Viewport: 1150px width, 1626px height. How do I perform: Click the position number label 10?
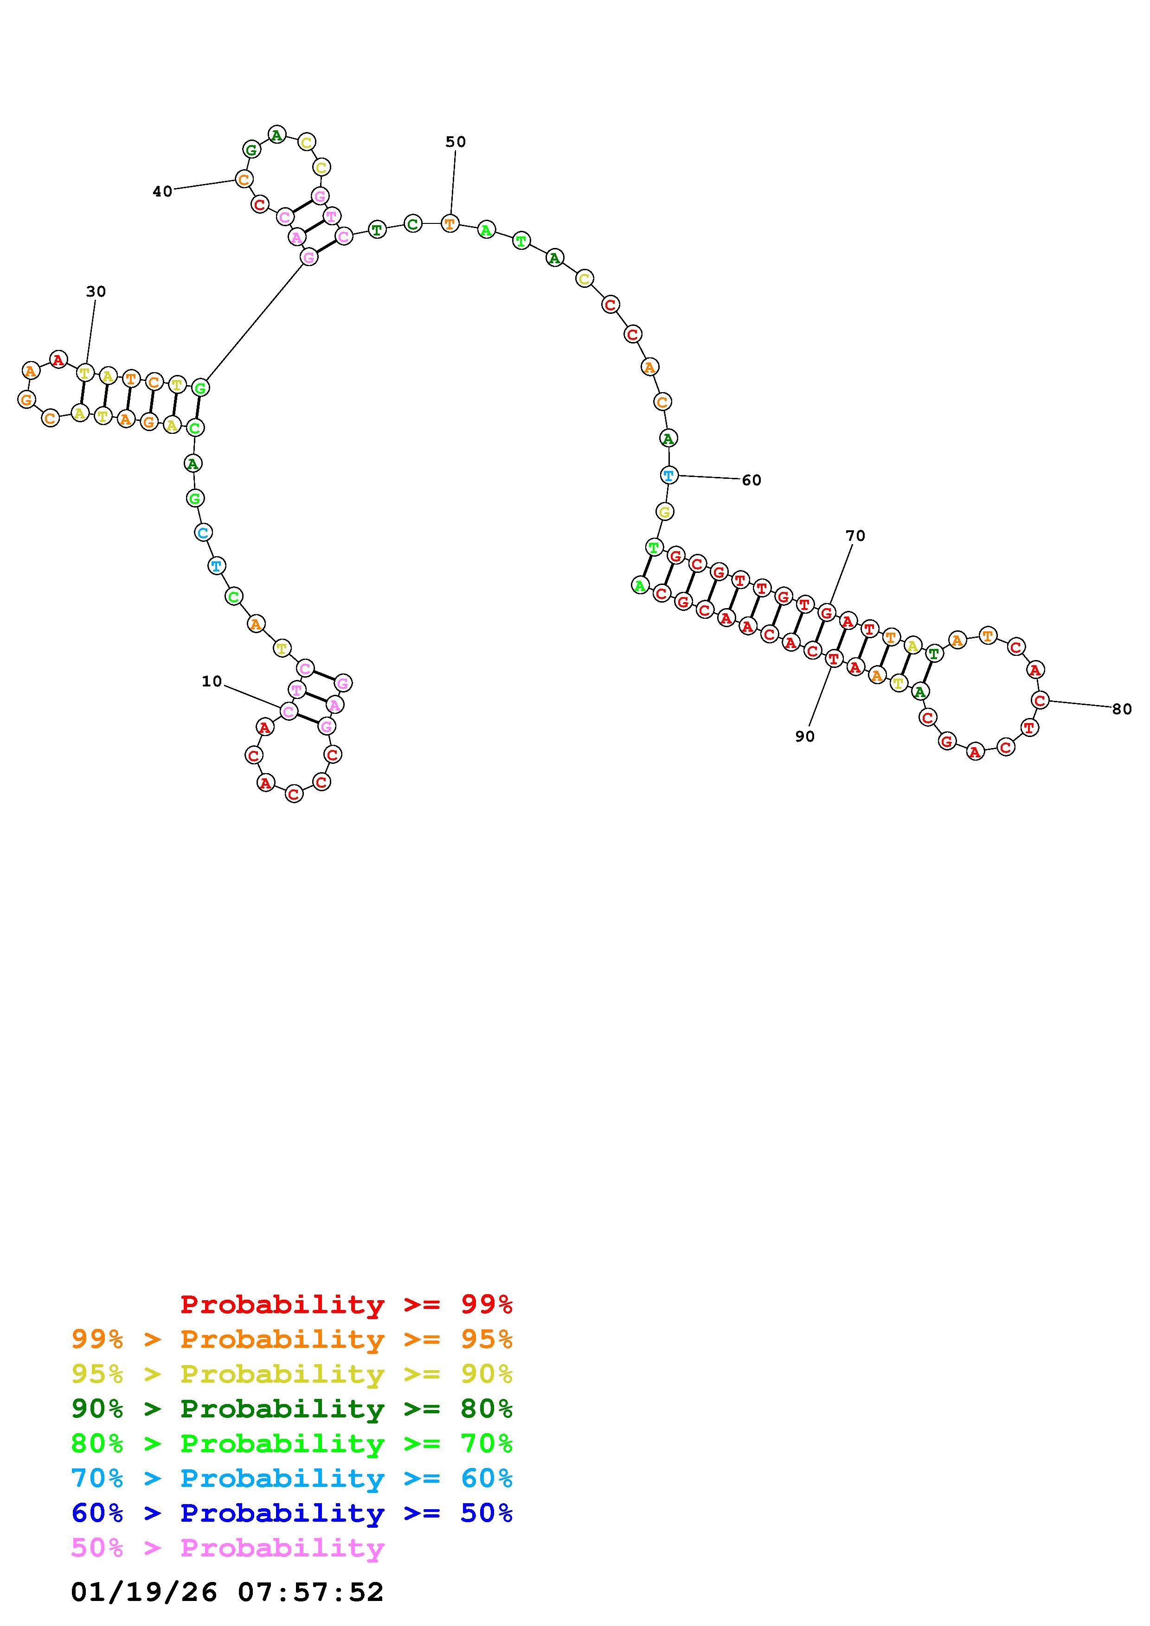click(212, 681)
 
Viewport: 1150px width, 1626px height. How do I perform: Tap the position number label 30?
click(96, 291)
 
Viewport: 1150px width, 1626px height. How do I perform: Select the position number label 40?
click(162, 191)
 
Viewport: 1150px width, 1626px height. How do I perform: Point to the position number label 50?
click(456, 142)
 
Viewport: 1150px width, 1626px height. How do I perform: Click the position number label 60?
click(752, 480)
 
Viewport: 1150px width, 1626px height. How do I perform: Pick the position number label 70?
click(855, 536)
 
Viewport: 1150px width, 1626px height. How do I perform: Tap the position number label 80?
click(1122, 709)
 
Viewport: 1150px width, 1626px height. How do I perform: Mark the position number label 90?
click(805, 737)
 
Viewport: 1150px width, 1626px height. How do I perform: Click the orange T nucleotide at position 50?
click(449, 224)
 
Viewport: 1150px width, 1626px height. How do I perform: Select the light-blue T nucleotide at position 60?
click(669, 475)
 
